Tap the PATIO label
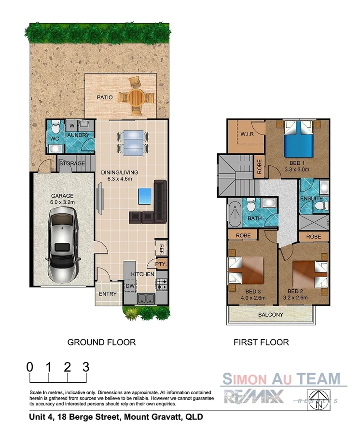105,97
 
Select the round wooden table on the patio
137,97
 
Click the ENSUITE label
311,198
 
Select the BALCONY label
270,315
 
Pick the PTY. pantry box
161,264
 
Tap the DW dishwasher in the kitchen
130,286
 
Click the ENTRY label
107,294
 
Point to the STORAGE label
72,163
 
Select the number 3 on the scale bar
86,366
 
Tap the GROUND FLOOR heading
101,342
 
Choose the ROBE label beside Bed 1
259,166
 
